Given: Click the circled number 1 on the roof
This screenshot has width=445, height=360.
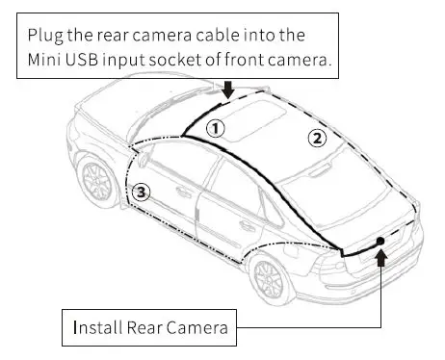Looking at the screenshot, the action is [218, 126].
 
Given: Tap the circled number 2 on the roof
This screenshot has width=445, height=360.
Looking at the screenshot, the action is [316, 138].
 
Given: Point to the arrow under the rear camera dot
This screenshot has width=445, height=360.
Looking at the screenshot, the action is [382, 257].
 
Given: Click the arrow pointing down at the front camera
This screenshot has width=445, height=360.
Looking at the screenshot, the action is [227, 90].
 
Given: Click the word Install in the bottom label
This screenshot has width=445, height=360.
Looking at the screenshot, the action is [92, 328].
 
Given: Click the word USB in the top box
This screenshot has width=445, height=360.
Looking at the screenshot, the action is [98, 61].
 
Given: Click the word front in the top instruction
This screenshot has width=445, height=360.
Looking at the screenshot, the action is [272, 61].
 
